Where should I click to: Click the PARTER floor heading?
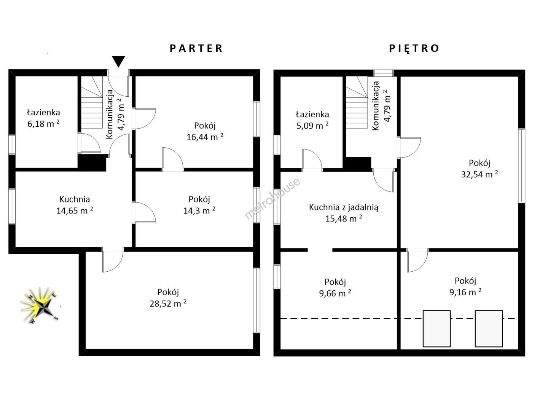196,48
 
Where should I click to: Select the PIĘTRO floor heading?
414,48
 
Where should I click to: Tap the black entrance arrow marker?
118,61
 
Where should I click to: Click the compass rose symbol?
40,305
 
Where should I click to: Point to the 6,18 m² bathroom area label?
43,124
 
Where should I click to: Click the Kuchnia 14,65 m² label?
75,205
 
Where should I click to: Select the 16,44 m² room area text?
205,137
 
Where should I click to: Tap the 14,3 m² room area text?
199,210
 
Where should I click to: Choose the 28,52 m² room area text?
168,303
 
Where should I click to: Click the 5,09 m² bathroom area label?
312,125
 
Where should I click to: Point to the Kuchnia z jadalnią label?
344,207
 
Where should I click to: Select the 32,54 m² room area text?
479,174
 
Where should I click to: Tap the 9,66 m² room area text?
335,293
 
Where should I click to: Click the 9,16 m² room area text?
465,292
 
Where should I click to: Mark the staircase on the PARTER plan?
92,102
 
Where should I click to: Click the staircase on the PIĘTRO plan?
357,102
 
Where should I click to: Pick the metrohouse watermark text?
272,198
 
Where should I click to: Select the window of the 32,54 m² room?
521,165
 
